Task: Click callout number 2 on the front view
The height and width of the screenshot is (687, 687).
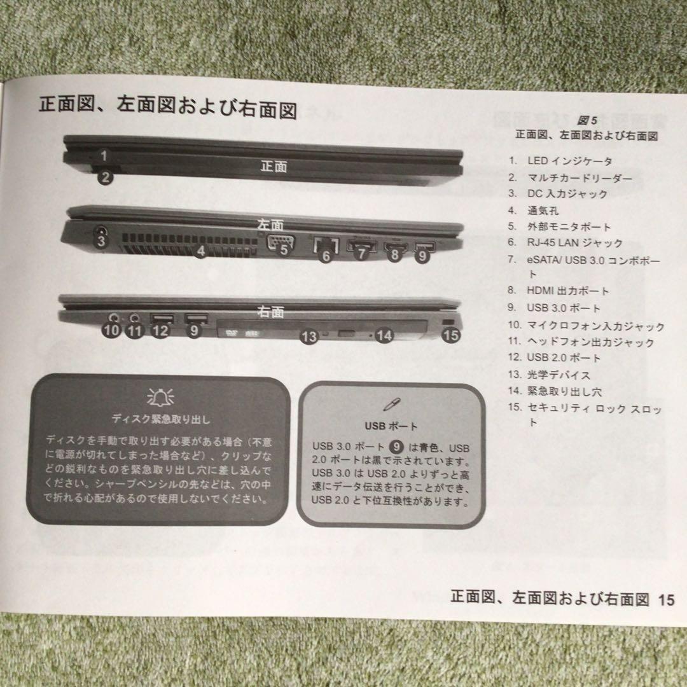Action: [106, 177]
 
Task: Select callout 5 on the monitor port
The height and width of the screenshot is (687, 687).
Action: [284, 250]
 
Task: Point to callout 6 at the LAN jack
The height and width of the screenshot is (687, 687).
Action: [326, 256]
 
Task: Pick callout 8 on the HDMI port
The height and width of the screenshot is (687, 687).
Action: [394, 255]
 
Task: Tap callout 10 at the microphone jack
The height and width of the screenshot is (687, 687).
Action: [111, 330]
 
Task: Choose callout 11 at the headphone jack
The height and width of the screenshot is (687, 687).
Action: [134, 330]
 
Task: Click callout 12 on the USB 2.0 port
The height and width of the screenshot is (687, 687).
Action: [161, 331]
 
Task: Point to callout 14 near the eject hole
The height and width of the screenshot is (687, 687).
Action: [384, 335]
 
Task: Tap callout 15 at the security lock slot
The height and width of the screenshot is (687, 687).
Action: [450, 335]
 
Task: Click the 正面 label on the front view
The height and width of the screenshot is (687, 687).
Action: [274, 167]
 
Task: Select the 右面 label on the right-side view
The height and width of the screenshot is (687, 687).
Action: [270, 312]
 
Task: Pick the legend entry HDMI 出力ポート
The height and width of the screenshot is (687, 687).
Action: [567, 291]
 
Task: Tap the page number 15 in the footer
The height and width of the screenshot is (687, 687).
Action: [666, 599]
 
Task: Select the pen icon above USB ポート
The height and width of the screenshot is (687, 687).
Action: [389, 405]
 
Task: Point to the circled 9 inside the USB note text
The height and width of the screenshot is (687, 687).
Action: [396, 447]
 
